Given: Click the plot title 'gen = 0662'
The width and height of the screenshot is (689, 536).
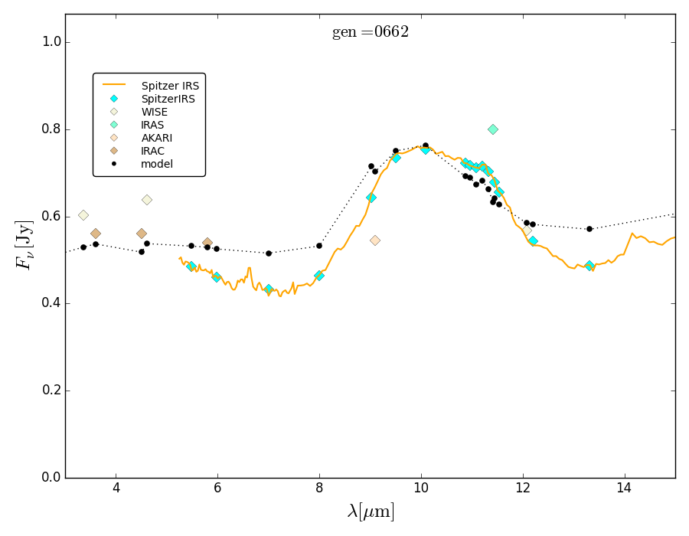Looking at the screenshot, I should click(x=371, y=32).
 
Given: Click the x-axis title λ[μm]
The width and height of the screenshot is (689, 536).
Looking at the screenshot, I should click(x=371, y=511).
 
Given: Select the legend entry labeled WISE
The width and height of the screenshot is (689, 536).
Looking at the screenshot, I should click(x=154, y=112).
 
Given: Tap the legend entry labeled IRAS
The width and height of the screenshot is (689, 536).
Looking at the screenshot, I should click(x=152, y=125).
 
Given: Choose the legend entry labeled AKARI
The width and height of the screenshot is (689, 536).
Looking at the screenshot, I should click(x=156, y=138).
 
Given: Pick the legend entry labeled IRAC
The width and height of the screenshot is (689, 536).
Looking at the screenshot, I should click(x=152, y=151).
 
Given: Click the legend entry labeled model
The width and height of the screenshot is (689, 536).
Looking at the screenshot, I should click(x=156, y=164).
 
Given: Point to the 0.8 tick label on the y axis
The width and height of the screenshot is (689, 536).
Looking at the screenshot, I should click(x=49, y=129).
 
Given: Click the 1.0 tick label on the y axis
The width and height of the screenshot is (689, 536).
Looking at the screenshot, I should click(x=49, y=42).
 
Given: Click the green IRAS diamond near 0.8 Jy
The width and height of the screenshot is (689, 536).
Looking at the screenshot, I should click(x=493, y=129).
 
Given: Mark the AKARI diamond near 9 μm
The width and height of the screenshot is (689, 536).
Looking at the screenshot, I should click(x=375, y=240).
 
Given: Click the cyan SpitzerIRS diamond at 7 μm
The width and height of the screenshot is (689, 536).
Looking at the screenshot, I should click(x=269, y=289).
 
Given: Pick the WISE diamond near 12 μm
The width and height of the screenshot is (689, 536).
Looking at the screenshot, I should click(x=527, y=230).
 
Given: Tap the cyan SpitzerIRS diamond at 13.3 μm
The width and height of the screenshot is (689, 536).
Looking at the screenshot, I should click(x=589, y=266).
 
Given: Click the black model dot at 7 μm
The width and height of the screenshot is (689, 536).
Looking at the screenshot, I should click(x=269, y=253).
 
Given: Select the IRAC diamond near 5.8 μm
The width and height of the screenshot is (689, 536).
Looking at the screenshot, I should click(x=207, y=243).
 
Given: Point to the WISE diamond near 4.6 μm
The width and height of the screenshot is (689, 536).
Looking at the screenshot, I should click(x=147, y=200).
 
